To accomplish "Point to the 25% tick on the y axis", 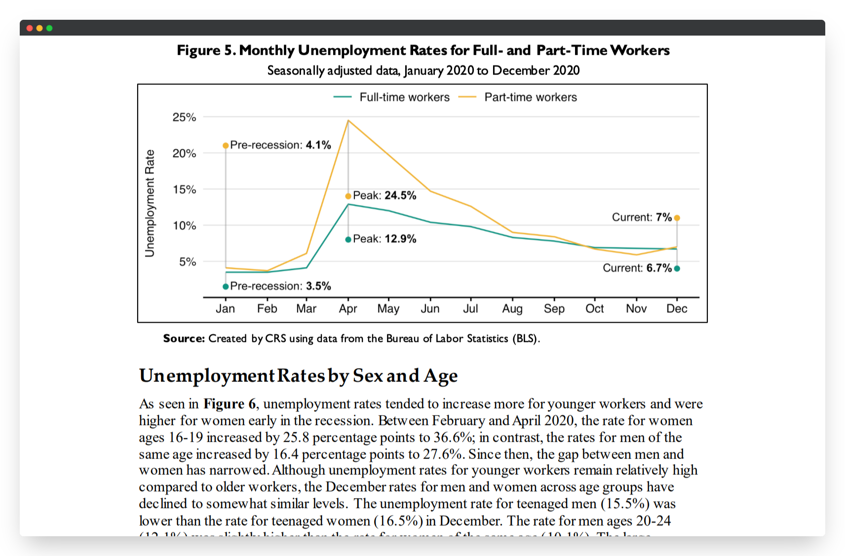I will click(184, 117).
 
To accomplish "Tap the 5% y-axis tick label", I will click(188, 261).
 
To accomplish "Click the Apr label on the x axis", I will click(348, 309).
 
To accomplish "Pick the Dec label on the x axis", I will click(677, 309).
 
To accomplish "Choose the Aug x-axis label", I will click(512, 309).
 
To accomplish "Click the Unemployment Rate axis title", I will click(150, 203).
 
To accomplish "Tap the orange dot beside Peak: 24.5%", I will click(348, 196).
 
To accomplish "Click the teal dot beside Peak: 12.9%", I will click(348, 240).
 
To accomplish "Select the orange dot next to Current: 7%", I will click(677, 218).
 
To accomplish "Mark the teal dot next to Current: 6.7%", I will click(677, 269).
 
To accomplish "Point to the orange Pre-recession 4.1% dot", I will click(226, 145).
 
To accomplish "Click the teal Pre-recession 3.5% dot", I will click(226, 287).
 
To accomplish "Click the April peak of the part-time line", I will click(348, 120).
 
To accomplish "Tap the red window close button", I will click(30, 28).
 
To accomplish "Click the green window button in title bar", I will click(49, 28).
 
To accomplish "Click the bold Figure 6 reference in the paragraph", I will click(230, 404).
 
